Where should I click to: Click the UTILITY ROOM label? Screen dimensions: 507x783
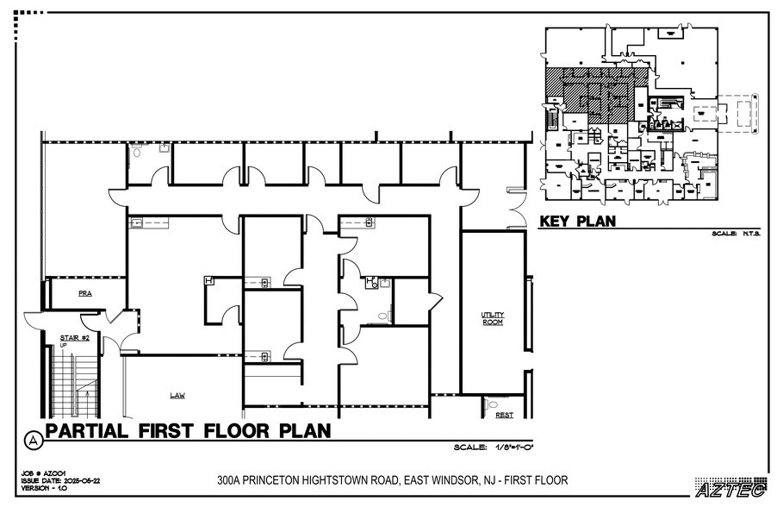(x=492, y=318)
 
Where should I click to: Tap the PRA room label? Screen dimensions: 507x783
(x=84, y=293)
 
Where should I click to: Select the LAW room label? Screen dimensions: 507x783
(x=177, y=395)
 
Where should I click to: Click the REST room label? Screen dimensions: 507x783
(x=504, y=415)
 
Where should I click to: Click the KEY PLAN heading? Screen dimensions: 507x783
(x=578, y=222)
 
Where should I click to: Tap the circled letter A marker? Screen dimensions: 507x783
(x=33, y=439)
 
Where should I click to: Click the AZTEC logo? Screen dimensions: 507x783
(x=730, y=490)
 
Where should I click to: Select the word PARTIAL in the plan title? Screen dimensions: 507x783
(x=85, y=430)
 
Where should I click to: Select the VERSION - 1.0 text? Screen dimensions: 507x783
(x=40, y=488)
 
